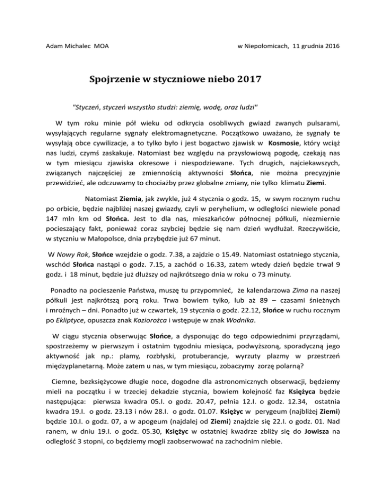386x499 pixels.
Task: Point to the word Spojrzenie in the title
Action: [x=116, y=80]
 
